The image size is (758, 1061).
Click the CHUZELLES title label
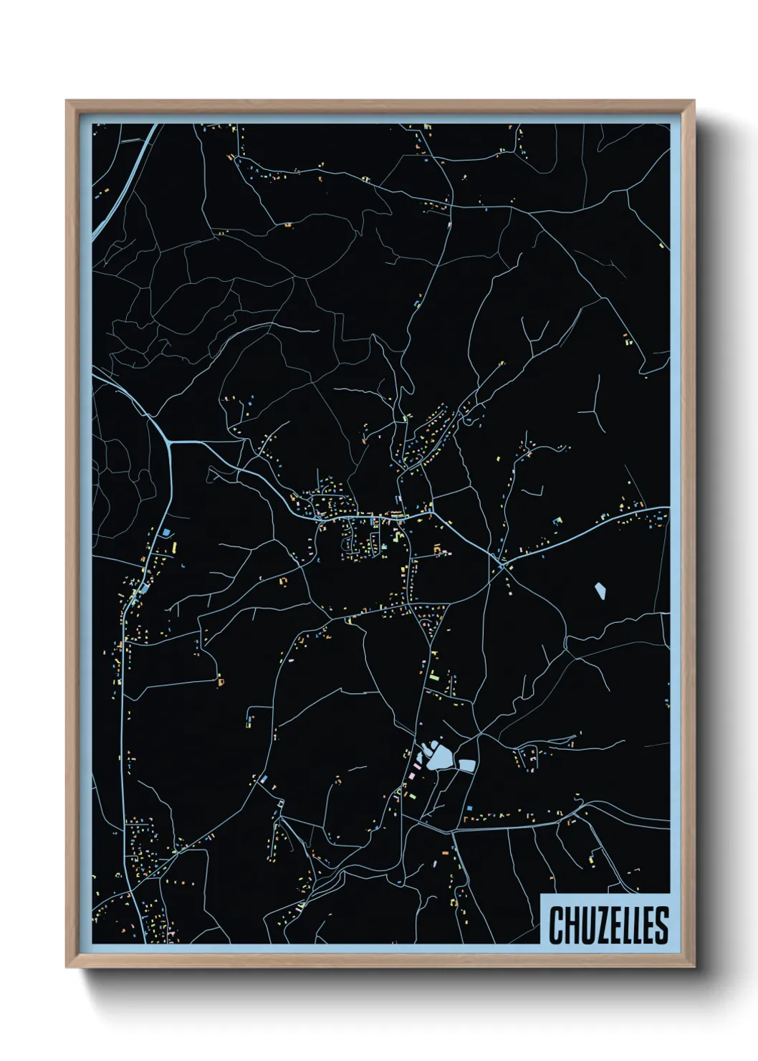point(608,924)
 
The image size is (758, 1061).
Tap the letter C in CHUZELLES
point(556,925)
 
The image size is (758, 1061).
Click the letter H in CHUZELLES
point(570,925)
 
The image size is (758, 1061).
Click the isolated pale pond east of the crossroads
point(600,591)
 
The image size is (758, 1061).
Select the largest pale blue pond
point(439,757)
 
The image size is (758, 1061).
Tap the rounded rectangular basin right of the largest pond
point(467,765)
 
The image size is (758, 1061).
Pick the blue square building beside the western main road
point(168,533)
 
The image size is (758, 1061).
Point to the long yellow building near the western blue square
point(174,547)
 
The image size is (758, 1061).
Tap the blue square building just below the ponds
point(469,809)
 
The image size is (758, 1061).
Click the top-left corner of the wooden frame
point(67,101)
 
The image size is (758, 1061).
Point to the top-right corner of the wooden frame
point(693,101)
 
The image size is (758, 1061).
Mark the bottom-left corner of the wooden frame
point(67,967)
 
